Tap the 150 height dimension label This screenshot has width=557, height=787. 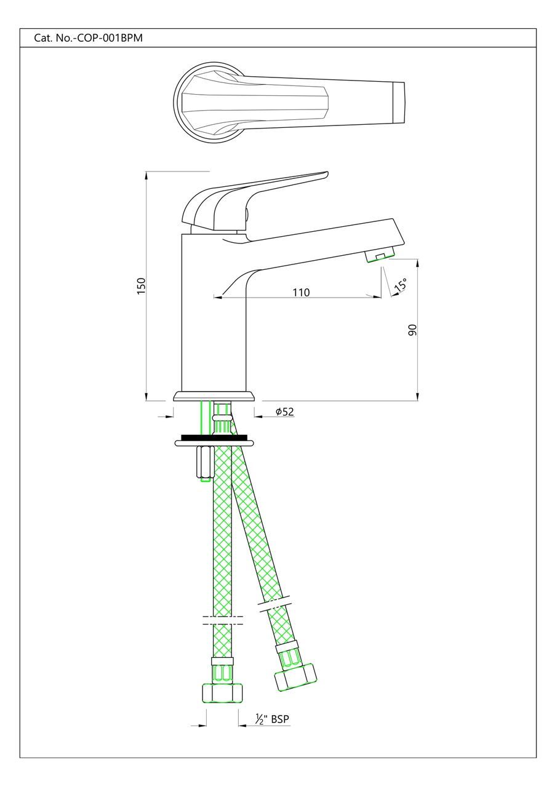click(x=141, y=286)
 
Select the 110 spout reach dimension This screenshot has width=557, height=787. click(x=301, y=292)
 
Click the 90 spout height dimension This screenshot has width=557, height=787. click(x=412, y=330)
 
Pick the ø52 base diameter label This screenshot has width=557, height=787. click(x=284, y=411)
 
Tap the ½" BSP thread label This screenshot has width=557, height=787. click(x=271, y=718)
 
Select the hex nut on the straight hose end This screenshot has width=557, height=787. click(x=222, y=693)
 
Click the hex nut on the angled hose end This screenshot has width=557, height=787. click(x=296, y=677)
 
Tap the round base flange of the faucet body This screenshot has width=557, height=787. click(x=214, y=397)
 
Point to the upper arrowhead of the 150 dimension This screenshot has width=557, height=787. click(x=146, y=175)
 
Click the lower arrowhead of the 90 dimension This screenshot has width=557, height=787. click(x=418, y=397)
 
